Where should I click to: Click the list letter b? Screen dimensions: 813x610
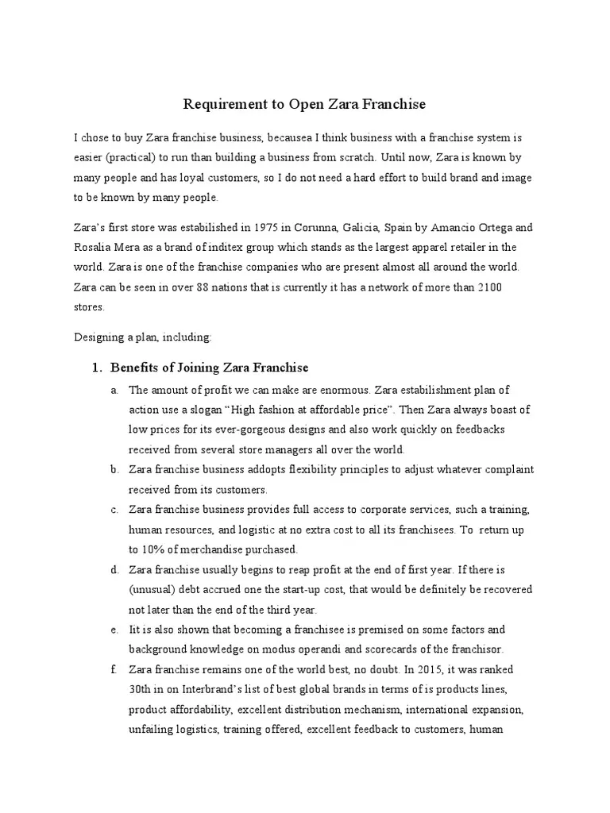coord(115,470)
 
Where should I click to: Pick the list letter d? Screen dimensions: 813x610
coord(115,569)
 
